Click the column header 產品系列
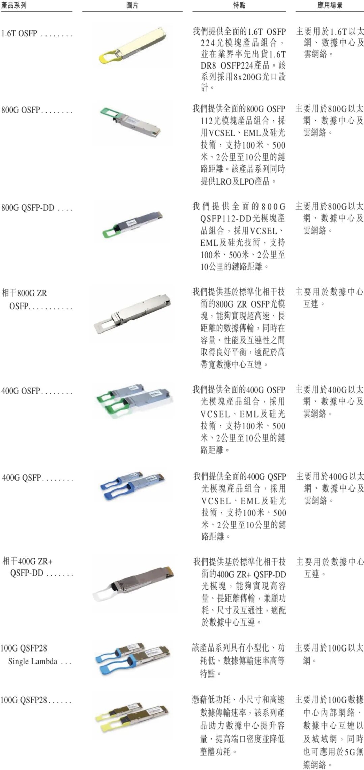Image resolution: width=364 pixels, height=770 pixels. pos(14,5)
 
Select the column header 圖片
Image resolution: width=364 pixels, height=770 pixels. pos(132,5)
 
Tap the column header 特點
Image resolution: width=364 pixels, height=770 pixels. pos(239,5)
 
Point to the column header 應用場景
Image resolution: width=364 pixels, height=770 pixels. pos(330,5)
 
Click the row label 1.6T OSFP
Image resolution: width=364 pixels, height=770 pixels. pos(19,33)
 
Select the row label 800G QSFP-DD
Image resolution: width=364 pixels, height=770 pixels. pos(28,208)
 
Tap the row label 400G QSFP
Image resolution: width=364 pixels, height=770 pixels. pos(22,478)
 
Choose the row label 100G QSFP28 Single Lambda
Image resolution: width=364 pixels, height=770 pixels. pos(29,655)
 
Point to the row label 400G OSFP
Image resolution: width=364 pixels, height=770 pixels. pos(21,391)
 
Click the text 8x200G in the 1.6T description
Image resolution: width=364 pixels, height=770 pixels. pos(247,77)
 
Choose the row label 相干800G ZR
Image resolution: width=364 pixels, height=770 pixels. pos(25,293)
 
